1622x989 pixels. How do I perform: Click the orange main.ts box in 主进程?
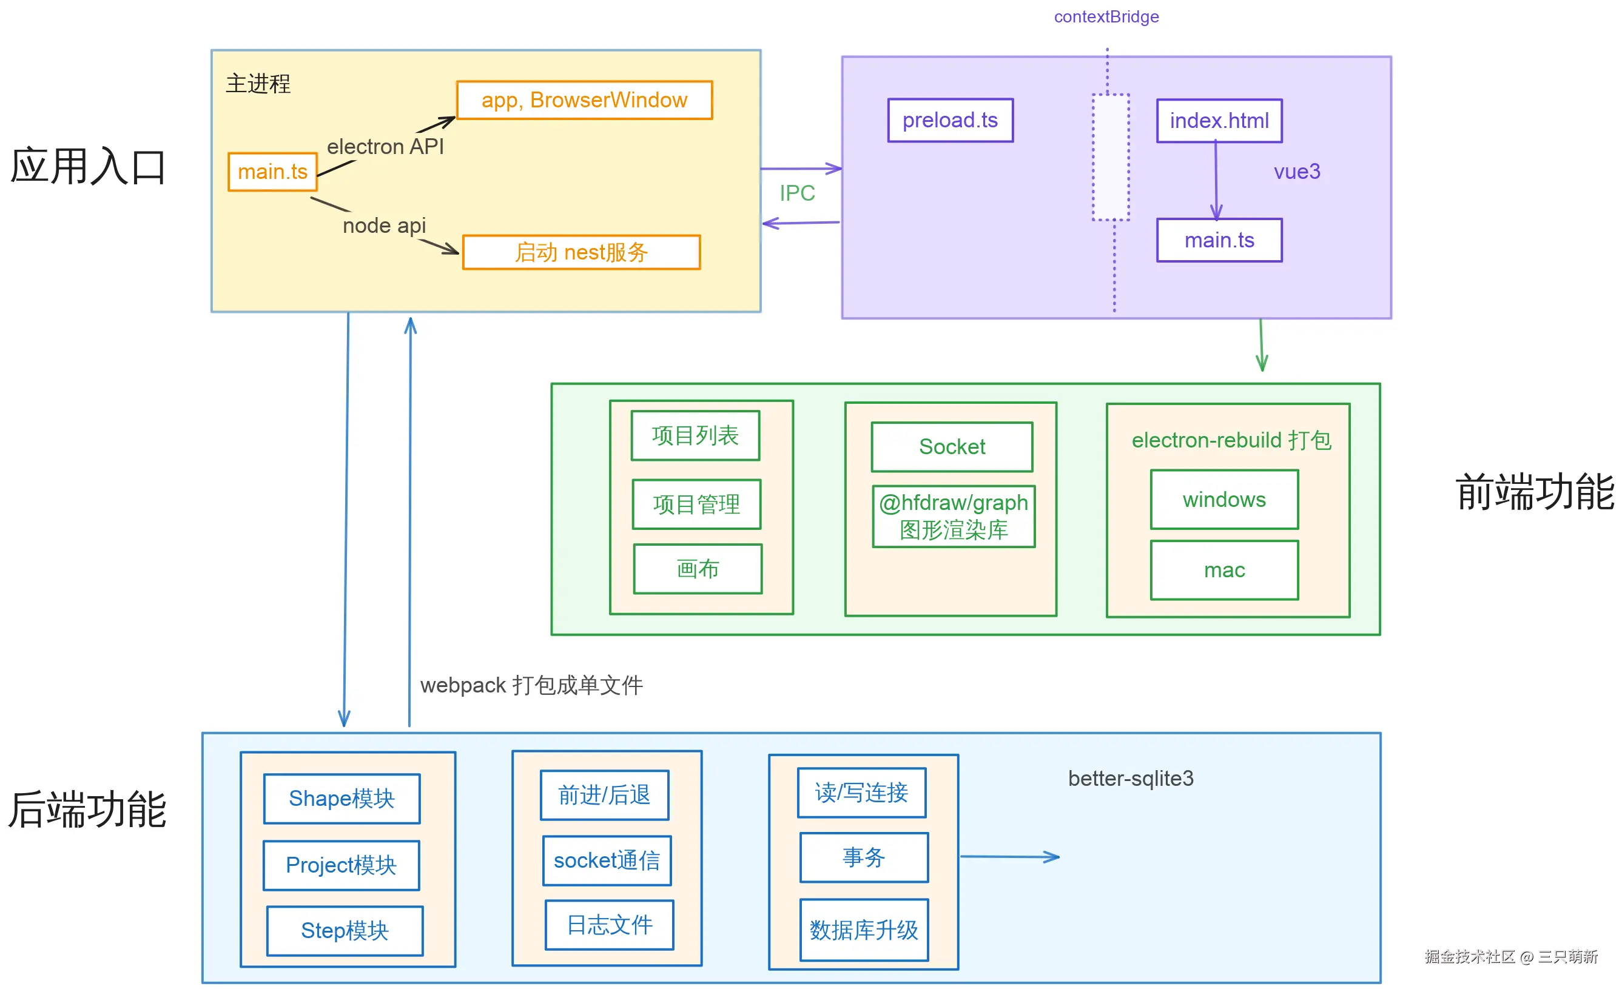tap(272, 172)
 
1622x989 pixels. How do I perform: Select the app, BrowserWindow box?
tap(584, 100)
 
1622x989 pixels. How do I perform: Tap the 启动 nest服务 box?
tap(581, 252)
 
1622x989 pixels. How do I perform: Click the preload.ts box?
tap(950, 121)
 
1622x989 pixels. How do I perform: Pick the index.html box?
tap(1219, 121)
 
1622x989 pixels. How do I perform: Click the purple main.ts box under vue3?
tap(1219, 240)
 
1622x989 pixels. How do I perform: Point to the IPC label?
tap(797, 193)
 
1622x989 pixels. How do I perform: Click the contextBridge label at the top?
tap(1106, 17)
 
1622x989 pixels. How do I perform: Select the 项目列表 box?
tap(695, 435)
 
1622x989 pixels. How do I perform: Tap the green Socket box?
tap(952, 447)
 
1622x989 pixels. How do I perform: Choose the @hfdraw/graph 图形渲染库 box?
tap(953, 517)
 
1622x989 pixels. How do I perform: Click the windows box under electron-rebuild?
tap(1223, 500)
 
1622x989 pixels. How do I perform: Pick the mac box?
tap(1223, 570)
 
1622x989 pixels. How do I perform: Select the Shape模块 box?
tap(342, 798)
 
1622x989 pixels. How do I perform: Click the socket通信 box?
tap(606, 860)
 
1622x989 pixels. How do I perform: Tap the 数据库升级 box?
tap(864, 930)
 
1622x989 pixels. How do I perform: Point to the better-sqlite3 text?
tap(1130, 779)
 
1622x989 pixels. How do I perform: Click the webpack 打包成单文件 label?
tap(531, 685)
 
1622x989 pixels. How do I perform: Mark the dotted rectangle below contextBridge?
tap(1111, 157)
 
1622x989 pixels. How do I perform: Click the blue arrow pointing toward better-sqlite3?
tap(1010, 857)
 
